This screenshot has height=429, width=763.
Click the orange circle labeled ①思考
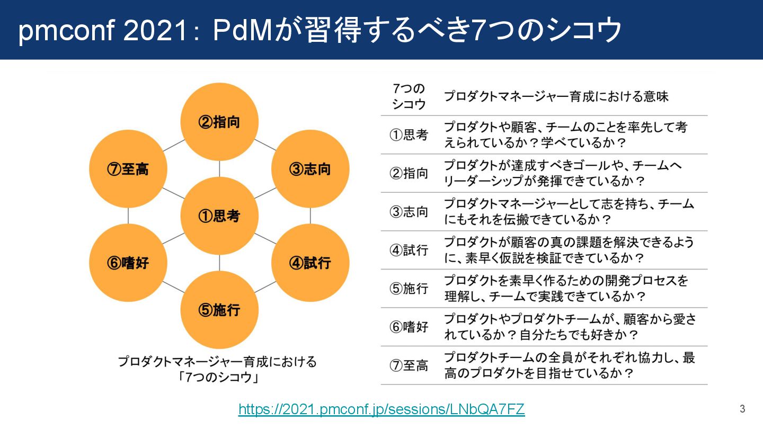[219, 216]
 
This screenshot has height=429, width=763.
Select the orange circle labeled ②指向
[219, 122]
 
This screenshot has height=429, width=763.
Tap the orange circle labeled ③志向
[310, 169]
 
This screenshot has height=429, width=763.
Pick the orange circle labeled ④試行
[310, 263]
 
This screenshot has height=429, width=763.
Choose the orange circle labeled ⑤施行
[219, 310]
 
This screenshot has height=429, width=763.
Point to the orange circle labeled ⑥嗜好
[128, 263]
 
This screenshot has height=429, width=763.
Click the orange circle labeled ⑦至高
[128, 169]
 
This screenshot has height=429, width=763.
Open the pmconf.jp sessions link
[381, 409]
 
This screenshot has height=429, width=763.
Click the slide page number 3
[742, 409]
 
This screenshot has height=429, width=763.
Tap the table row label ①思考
[409, 135]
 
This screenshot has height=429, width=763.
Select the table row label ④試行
[409, 250]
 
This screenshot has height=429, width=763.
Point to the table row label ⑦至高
[409, 365]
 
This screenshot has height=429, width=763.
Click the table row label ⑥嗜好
[409, 327]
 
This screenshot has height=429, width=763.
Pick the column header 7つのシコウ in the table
[409, 96]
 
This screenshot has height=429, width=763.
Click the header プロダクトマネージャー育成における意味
[556, 96]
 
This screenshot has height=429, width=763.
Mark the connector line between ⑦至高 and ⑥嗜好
[128, 216]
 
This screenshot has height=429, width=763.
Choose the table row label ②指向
[409, 173]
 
